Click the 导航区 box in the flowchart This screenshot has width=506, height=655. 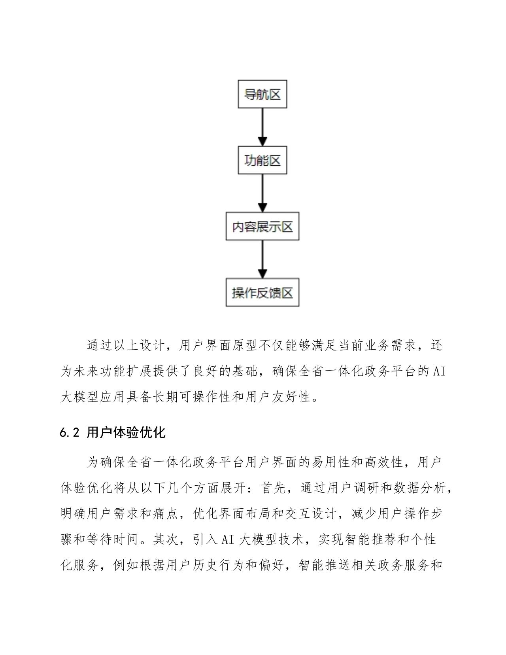262,94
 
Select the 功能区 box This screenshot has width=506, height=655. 262,160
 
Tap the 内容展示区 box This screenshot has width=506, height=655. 262,226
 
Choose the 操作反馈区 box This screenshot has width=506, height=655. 262,293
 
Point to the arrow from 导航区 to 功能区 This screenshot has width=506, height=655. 262,127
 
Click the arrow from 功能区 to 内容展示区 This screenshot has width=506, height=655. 262,193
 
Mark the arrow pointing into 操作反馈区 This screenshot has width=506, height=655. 262,259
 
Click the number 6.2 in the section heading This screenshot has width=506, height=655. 70,433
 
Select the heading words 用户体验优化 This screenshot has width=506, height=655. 126,432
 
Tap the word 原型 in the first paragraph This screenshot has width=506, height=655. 245,346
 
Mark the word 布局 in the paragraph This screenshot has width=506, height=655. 258,513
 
